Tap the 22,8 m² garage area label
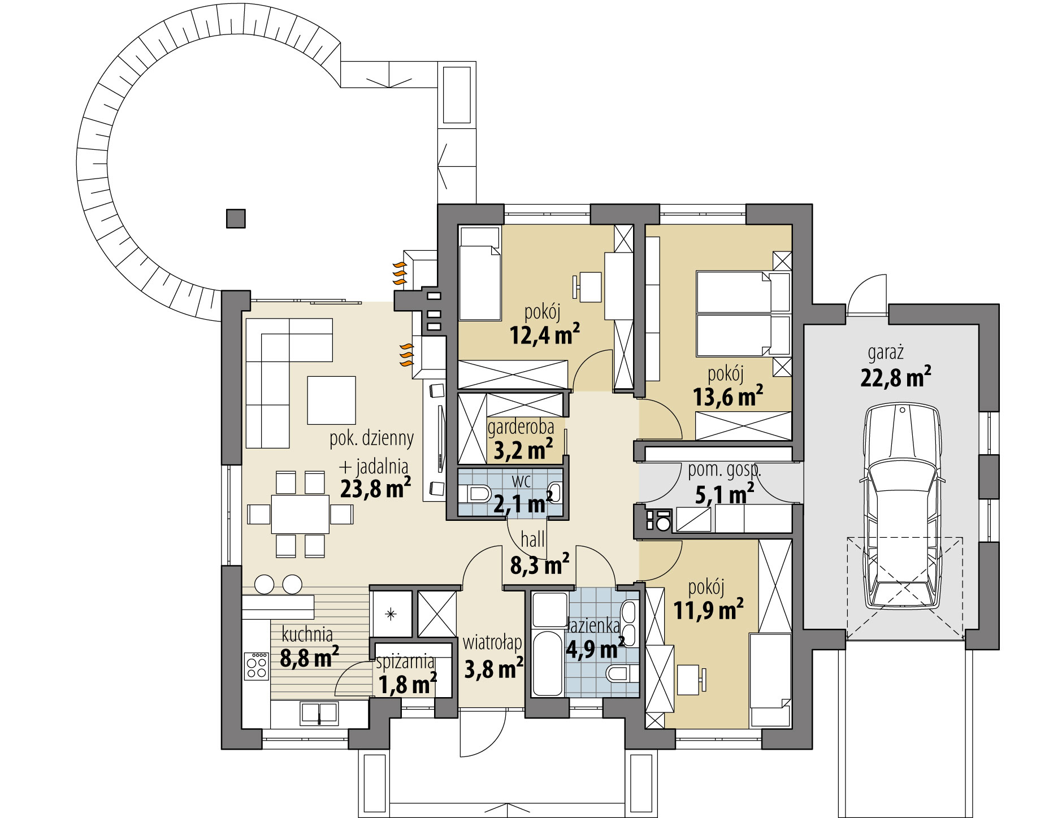896,377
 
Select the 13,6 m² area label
728,397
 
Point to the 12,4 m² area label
545,334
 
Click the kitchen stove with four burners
256,665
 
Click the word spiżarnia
405,662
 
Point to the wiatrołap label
492,643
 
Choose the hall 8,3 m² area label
540,564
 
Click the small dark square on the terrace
236,218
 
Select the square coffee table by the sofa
332,401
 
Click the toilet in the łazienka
622,673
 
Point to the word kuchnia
307,636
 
